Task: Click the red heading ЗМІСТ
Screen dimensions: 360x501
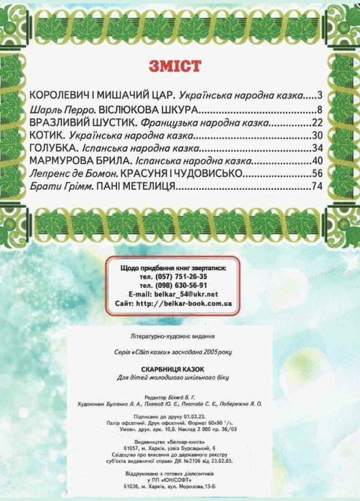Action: point(174,66)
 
